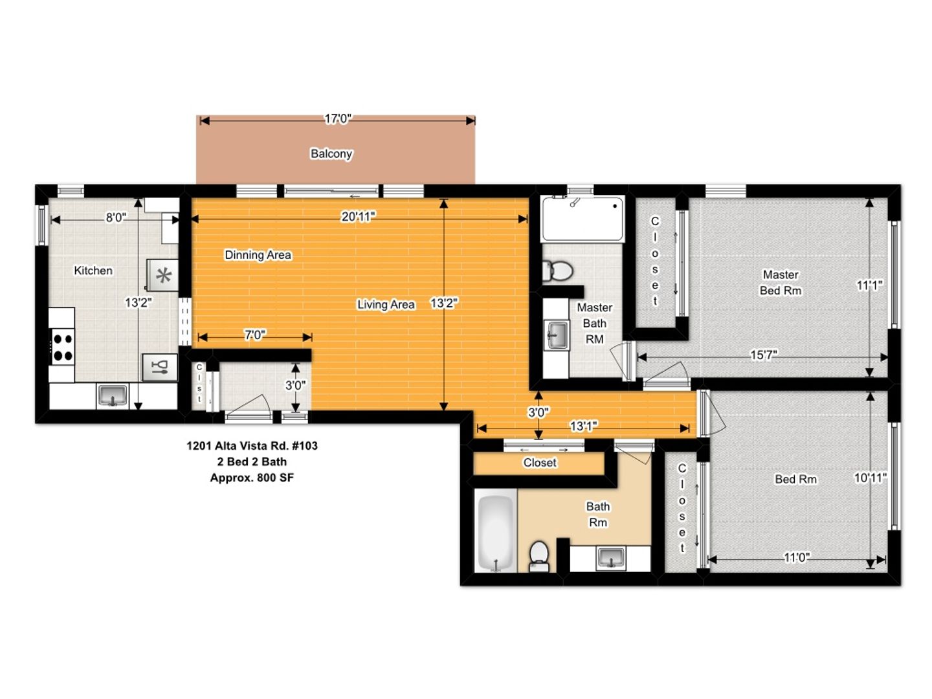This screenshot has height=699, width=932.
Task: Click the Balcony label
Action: (x=331, y=153)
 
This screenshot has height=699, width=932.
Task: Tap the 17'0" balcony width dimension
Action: (x=338, y=119)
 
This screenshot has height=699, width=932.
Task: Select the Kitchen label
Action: (x=93, y=271)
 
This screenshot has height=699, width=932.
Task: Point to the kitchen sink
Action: (x=113, y=395)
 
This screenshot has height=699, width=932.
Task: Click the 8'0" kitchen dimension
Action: (x=115, y=217)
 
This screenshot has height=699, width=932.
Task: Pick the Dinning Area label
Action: (x=258, y=254)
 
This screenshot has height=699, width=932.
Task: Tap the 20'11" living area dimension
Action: (x=358, y=217)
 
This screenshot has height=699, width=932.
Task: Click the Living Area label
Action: (x=386, y=304)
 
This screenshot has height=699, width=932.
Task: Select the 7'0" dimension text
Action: (x=255, y=335)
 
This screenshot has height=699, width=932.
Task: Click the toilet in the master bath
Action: (x=558, y=271)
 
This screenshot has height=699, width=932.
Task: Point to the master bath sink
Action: (x=557, y=335)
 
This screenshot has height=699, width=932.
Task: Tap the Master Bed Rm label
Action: (x=781, y=283)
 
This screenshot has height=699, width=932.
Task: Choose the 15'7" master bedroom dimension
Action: (x=763, y=355)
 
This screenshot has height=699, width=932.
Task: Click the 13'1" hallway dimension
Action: (x=583, y=426)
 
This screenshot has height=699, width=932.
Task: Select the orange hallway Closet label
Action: (x=539, y=462)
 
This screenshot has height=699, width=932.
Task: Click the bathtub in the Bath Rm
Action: (x=496, y=530)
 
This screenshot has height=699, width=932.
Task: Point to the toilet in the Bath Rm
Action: (x=539, y=555)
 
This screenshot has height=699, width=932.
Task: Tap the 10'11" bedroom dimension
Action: (x=870, y=478)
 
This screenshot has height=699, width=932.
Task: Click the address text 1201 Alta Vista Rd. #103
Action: (x=252, y=446)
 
